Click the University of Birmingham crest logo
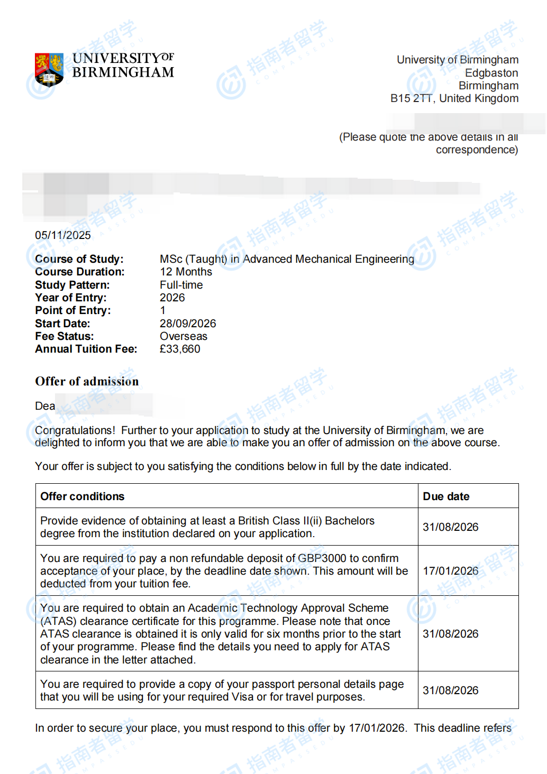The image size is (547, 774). (49, 69)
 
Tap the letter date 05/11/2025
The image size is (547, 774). (63, 235)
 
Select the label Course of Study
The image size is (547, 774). (79, 259)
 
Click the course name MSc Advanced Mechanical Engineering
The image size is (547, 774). (287, 259)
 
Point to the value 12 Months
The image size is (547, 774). (186, 272)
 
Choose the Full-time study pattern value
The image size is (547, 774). (181, 285)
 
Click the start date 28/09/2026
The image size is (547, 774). (188, 324)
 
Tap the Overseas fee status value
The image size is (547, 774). (183, 336)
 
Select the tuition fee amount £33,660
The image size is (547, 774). (180, 349)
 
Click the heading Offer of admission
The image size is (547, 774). (87, 381)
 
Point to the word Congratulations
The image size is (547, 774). (75, 430)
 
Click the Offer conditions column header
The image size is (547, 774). (83, 496)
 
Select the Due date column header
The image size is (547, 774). (446, 496)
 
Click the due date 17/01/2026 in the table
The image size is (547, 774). (450, 571)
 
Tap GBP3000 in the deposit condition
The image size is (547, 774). (322, 558)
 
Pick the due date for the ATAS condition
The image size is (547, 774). (450, 634)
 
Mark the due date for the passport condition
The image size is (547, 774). (450, 690)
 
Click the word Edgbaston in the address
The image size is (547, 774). (491, 73)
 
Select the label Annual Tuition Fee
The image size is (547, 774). (86, 349)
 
